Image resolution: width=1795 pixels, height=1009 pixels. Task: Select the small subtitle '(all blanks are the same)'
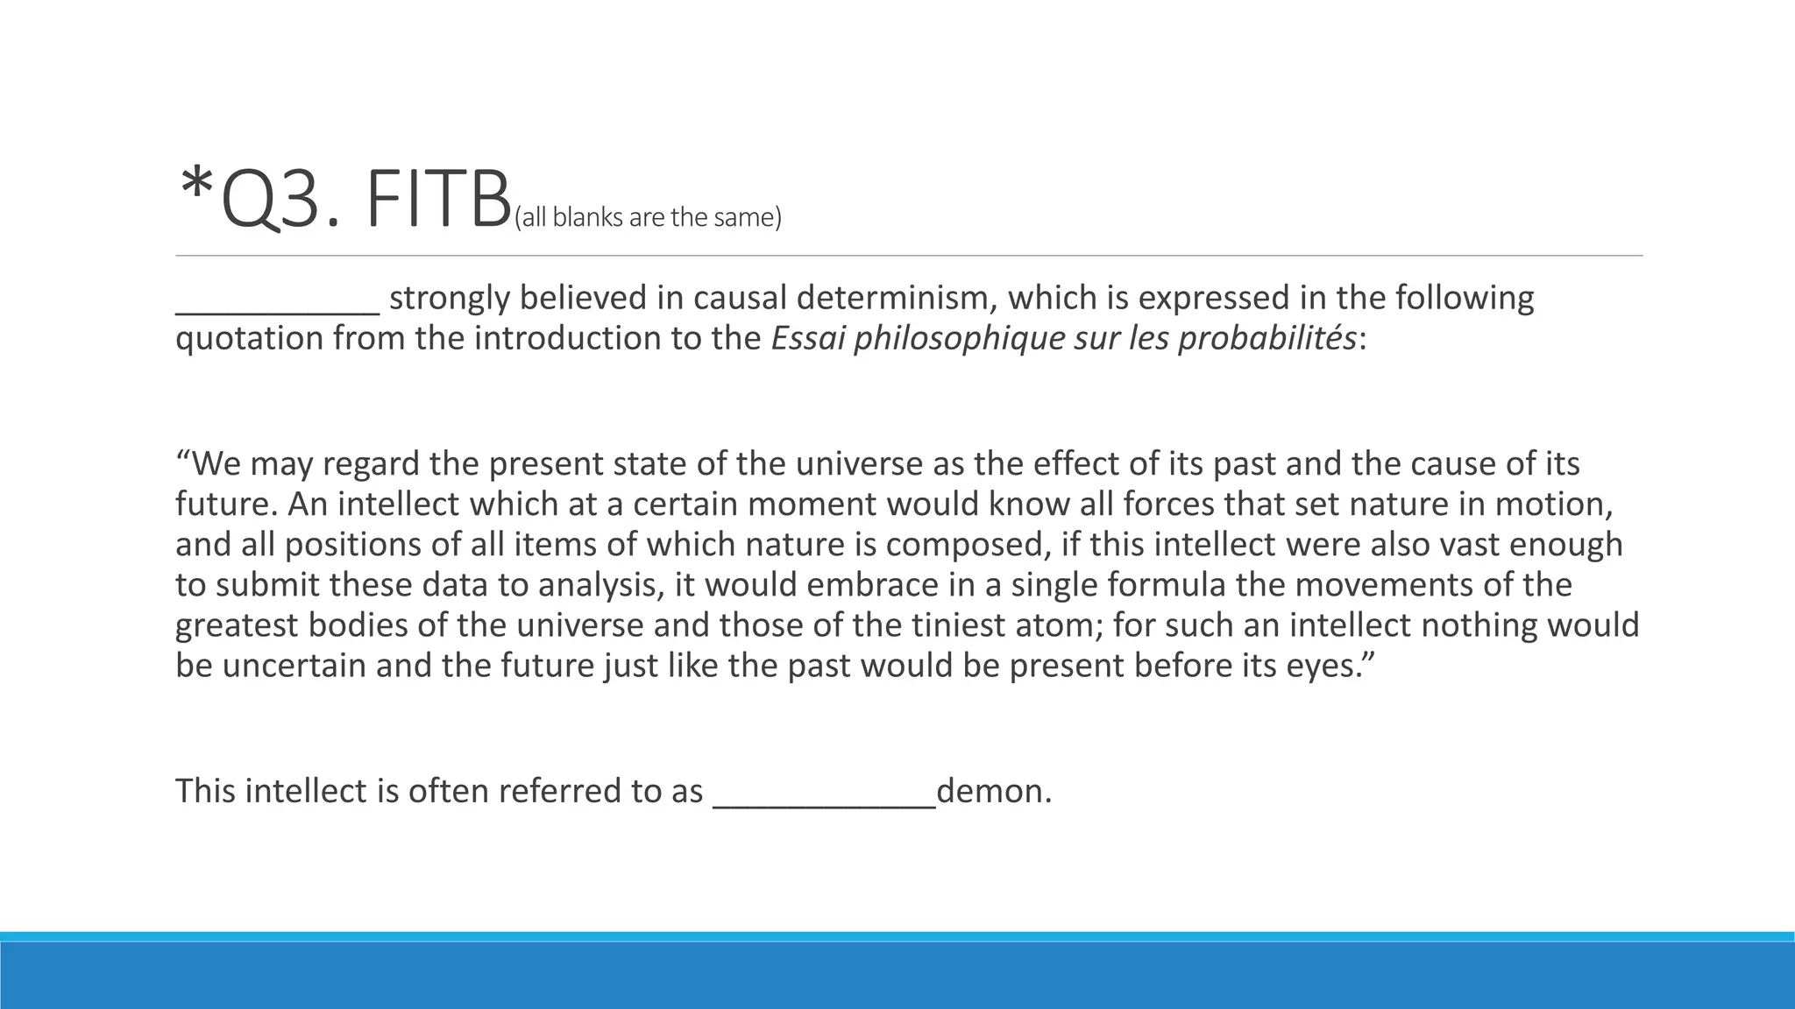648,216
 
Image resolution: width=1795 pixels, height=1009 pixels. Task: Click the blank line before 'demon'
825,801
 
